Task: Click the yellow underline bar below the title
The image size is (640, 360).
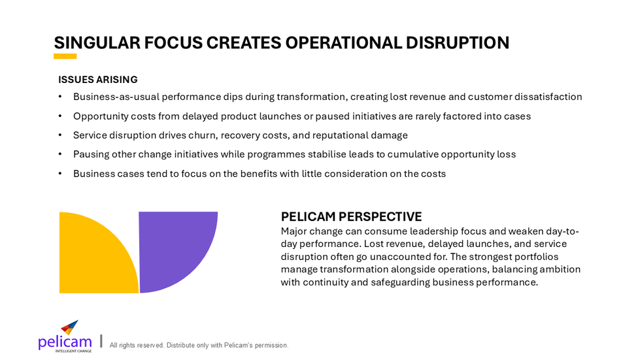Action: pos(65,56)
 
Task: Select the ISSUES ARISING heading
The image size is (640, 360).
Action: pos(98,80)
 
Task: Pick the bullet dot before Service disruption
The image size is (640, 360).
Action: pos(60,135)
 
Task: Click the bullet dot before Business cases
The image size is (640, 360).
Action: pos(60,174)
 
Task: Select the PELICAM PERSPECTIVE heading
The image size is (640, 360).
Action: pos(351,217)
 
